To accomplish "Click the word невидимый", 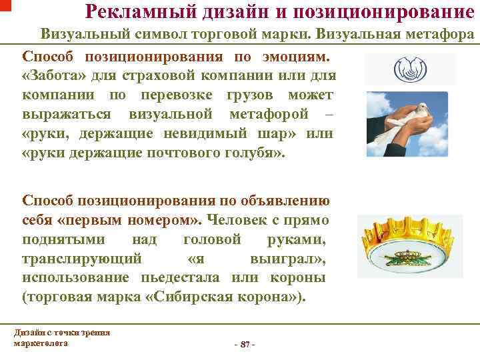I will click(198, 133).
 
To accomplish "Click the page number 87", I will click(245, 343).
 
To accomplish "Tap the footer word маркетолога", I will click(41, 343).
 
